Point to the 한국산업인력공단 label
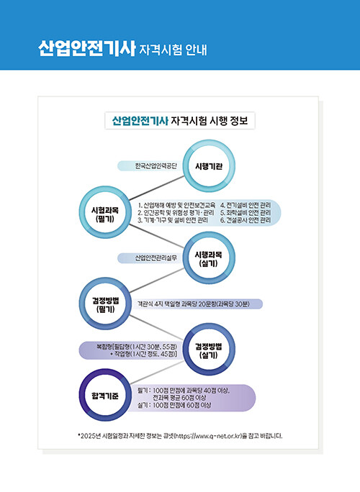(x=156, y=166)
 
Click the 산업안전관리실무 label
(x=156, y=258)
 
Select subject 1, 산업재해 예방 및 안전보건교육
(x=176, y=205)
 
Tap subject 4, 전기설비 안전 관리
(x=246, y=205)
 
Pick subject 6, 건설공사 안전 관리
(x=246, y=220)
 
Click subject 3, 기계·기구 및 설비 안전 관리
(x=173, y=220)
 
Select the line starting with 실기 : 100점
(x=174, y=405)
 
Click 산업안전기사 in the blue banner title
(x=86, y=49)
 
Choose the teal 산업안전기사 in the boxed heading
(x=140, y=121)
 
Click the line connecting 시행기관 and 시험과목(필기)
(x=157, y=188)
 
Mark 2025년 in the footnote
(x=91, y=436)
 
